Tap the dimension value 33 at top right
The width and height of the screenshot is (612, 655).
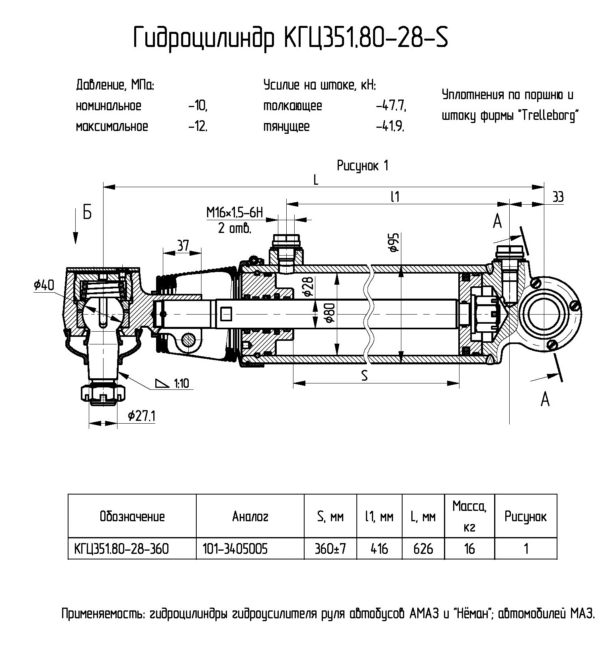(x=558, y=197)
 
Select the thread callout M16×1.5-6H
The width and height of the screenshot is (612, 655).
(x=235, y=213)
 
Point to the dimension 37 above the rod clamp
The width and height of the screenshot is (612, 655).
(x=183, y=246)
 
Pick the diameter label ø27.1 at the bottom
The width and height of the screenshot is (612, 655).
(x=141, y=416)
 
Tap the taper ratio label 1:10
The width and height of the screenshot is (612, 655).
(x=181, y=383)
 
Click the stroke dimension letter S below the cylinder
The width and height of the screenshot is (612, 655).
(x=364, y=375)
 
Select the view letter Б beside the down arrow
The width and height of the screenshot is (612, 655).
(x=87, y=213)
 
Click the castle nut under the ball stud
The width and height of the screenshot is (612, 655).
(x=103, y=393)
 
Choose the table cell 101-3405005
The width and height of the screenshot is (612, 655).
(x=235, y=549)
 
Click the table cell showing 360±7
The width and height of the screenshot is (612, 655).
(x=330, y=549)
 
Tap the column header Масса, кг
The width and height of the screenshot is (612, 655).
(x=469, y=516)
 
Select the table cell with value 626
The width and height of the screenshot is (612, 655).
(x=423, y=549)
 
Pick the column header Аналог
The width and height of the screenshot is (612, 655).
(x=250, y=516)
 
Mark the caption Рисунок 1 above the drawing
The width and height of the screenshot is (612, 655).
(x=362, y=166)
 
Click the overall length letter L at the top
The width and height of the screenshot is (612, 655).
(x=316, y=180)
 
